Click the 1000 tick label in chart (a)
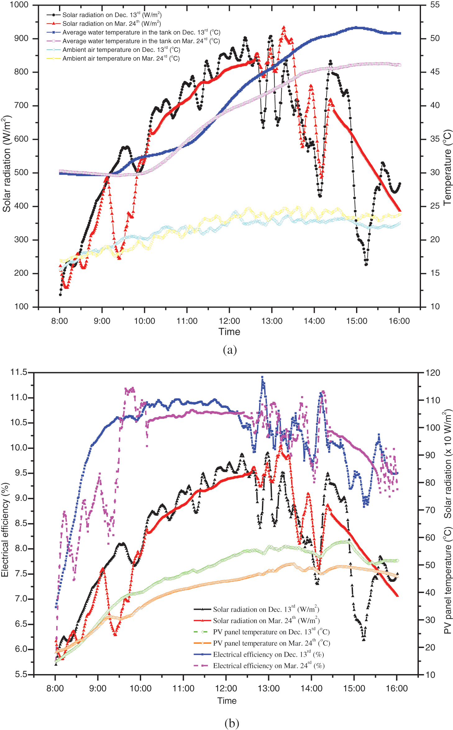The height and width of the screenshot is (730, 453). pyautogui.click(x=19, y=5)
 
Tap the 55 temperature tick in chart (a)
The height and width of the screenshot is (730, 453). pyautogui.click(x=435, y=5)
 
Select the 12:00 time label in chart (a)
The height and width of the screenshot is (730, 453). pyautogui.click(x=229, y=321)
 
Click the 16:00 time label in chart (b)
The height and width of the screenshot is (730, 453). pyautogui.click(x=396, y=688)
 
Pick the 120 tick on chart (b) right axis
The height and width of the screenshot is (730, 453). pyautogui.click(x=432, y=373)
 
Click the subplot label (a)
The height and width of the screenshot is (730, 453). pyautogui.click(x=230, y=350)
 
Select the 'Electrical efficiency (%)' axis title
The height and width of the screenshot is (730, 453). pyautogui.click(x=5, y=530)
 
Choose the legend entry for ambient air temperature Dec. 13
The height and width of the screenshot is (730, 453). pyautogui.click(x=121, y=50)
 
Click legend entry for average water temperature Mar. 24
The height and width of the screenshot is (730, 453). pyautogui.click(x=141, y=41)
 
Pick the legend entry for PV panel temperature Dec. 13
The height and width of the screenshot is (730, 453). pyautogui.click(x=271, y=632)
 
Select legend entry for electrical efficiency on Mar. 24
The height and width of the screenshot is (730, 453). pyautogui.click(x=268, y=665)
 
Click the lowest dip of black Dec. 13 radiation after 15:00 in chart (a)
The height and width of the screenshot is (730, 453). pyautogui.click(x=366, y=264)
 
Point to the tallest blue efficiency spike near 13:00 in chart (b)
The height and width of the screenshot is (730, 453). pyautogui.click(x=262, y=377)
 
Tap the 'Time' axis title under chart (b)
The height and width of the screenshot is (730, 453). pyautogui.click(x=227, y=701)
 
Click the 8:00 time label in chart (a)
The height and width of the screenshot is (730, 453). pyautogui.click(x=59, y=321)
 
